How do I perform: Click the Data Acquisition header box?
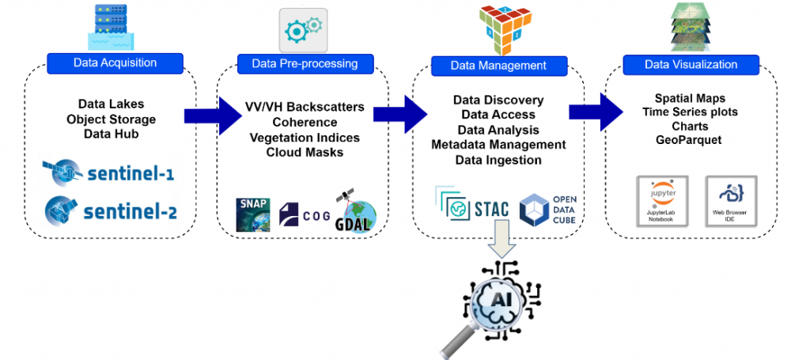[115, 63]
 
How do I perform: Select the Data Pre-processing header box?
[305, 63]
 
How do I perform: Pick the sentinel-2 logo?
[110, 210]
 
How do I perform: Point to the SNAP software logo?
[253, 212]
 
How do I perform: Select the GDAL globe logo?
[356, 210]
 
